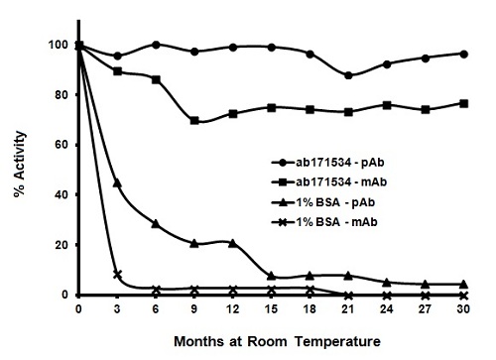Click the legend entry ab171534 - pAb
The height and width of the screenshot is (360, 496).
(334, 160)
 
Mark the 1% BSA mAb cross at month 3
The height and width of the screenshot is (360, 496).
(118, 275)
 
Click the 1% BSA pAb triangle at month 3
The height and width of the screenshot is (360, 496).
(118, 182)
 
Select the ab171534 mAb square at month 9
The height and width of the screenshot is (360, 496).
(194, 121)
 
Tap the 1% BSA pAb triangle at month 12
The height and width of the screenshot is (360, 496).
(233, 243)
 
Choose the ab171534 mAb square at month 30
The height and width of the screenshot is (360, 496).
(465, 103)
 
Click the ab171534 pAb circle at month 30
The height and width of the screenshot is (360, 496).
(465, 54)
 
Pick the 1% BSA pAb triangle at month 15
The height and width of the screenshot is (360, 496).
(272, 276)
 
